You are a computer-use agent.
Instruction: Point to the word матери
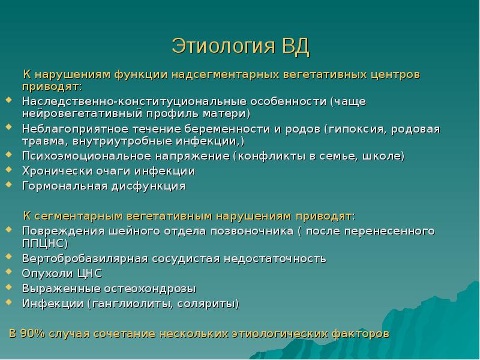226,113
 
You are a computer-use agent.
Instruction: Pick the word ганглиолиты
131,304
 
